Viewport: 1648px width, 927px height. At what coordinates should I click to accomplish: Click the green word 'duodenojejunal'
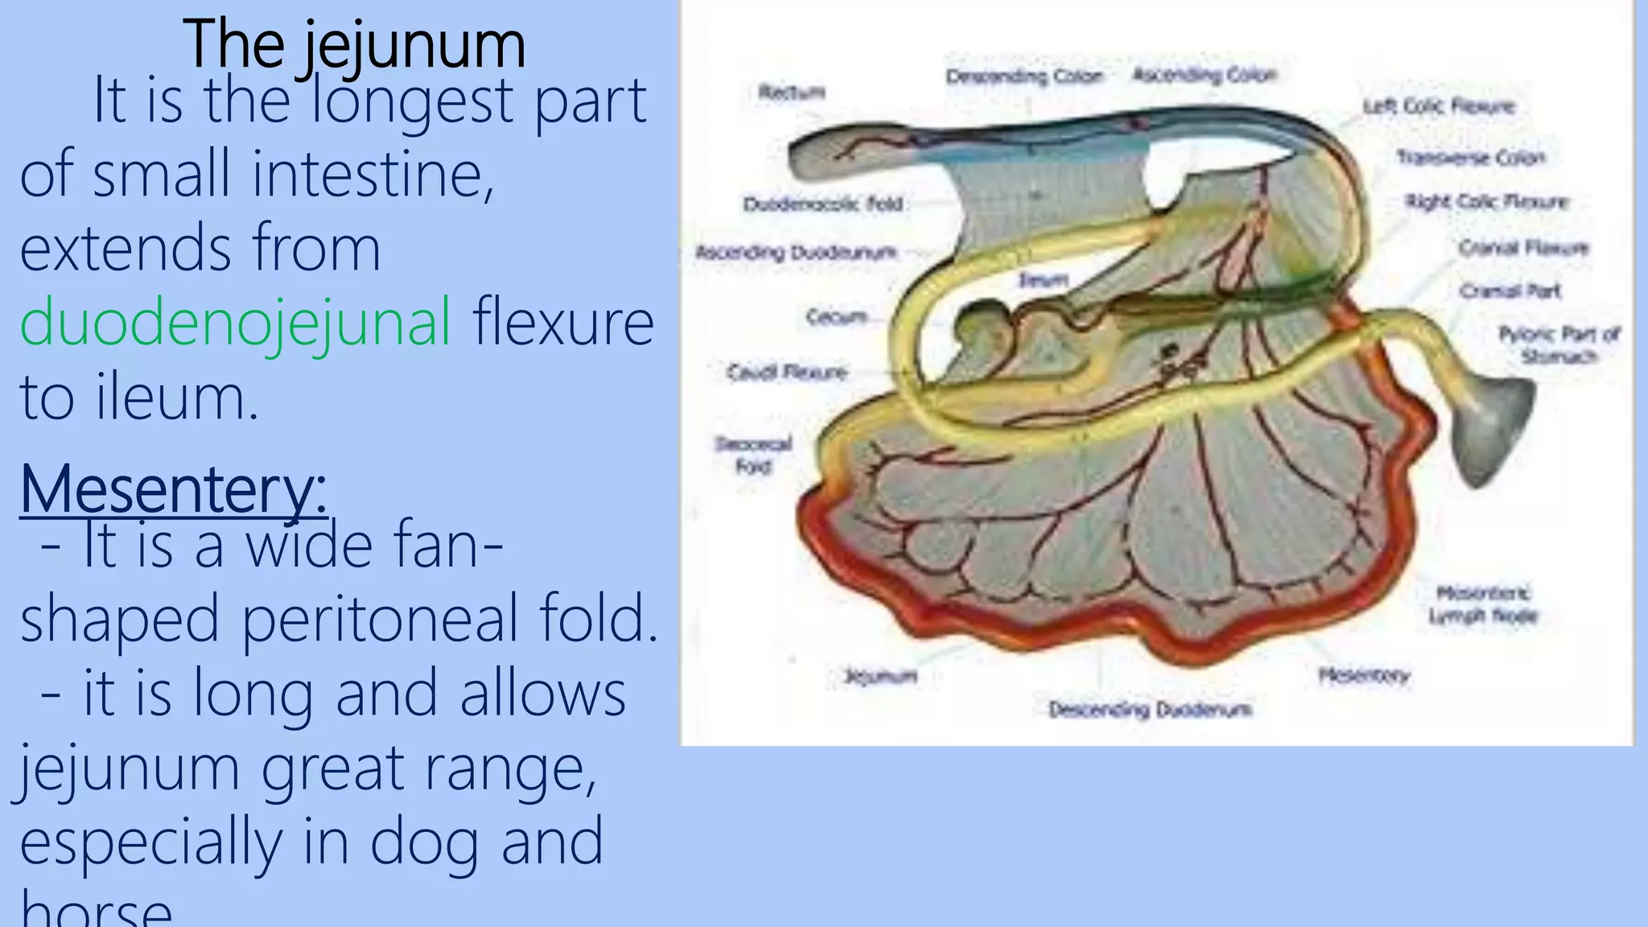tap(235, 322)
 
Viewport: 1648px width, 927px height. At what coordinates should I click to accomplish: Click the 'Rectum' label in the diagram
tap(792, 92)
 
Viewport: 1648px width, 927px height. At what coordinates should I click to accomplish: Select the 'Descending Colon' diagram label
tap(1024, 76)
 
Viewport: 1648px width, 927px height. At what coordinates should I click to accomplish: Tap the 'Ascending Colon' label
tap(1205, 75)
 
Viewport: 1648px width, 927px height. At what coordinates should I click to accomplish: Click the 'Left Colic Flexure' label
tap(1439, 106)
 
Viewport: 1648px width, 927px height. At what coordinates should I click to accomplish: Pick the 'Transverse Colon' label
tap(1471, 157)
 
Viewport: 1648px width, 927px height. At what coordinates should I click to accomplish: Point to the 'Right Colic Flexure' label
tap(1487, 201)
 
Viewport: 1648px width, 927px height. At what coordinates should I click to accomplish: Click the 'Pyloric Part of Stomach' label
tap(1559, 344)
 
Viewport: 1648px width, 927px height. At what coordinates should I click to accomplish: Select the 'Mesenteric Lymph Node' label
tap(1483, 605)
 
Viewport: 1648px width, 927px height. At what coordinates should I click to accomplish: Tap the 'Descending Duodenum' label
tap(1150, 710)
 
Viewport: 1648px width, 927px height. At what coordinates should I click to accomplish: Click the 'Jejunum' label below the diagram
tap(880, 676)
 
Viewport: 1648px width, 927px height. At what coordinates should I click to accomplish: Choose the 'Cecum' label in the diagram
tap(837, 317)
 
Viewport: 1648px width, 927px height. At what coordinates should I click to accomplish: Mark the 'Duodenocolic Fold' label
tap(822, 204)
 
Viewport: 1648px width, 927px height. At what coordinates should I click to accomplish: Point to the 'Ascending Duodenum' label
tap(796, 253)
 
